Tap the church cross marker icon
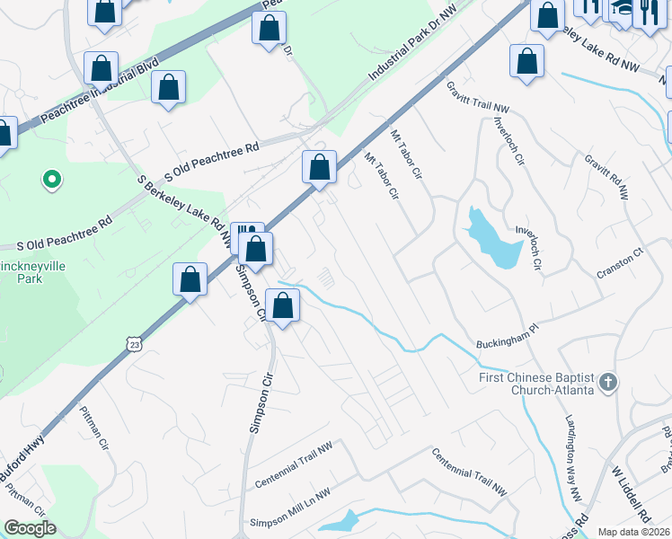608,384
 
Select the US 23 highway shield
135,344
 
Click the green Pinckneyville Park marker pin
52,181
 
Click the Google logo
30,529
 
